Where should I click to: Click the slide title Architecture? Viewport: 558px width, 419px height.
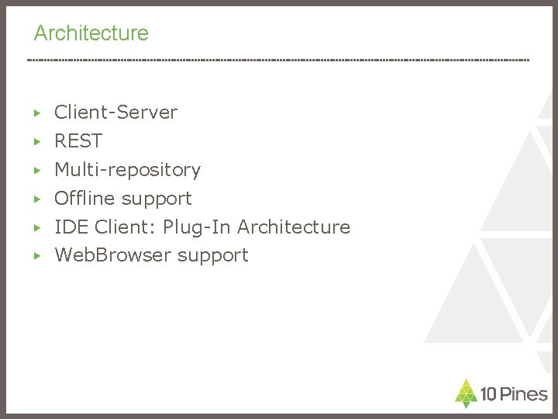click(x=91, y=33)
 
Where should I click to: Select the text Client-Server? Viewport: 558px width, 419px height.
click(x=115, y=113)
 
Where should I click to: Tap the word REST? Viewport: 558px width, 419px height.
click(x=77, y=141)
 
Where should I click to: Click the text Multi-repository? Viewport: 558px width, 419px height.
click(x=127, y=169)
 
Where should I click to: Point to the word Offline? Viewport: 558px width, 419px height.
click(x=84, y=198)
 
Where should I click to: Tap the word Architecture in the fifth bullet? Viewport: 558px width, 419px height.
click(x=294, y=227)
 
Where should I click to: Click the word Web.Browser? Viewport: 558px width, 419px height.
click(x=112, y=255)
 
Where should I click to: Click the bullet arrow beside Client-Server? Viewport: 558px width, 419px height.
click(x=36, y=113)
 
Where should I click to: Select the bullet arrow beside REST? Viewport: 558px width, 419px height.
click(x=36, y=142)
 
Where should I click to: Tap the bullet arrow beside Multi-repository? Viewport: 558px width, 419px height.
click(x=36, y=170)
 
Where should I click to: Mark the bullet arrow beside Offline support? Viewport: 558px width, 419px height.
click(x=36, y=199)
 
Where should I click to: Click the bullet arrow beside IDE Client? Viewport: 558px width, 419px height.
click(x=36, y=227)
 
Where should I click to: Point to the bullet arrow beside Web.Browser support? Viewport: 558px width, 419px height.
click(x=36, y=255)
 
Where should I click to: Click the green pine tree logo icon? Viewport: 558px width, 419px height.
click(x=465, y=393)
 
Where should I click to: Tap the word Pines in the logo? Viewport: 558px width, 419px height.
click(x=523, y=393)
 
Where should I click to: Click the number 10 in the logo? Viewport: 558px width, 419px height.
click(x=488, y=393)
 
